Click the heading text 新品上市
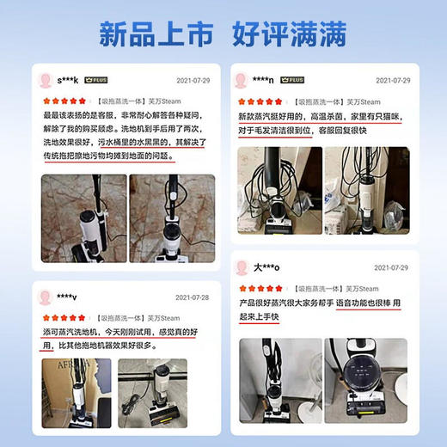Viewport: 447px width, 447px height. [x=155, y=36]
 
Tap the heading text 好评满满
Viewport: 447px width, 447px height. [x=290, y=36]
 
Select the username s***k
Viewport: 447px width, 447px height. [x=68, y=80]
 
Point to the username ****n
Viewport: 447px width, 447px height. [x=263, y=80]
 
